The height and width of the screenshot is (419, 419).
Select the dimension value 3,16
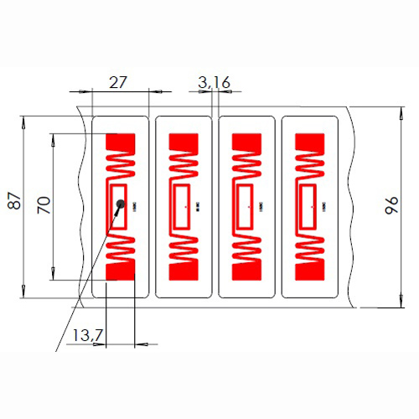coord(214,81)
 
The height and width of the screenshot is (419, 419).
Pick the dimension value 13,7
coord(87,335)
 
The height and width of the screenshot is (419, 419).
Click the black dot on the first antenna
coord(121,203)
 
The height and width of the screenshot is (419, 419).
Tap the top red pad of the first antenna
coord(122,142)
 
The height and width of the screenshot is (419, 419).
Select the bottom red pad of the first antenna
coord(122,270)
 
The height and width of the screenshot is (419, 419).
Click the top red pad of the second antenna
coord(184,142)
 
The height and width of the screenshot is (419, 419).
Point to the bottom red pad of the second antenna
coord(184,270)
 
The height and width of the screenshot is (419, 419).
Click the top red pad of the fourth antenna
coord(309,142)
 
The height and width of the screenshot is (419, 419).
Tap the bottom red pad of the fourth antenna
coord(309,270)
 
